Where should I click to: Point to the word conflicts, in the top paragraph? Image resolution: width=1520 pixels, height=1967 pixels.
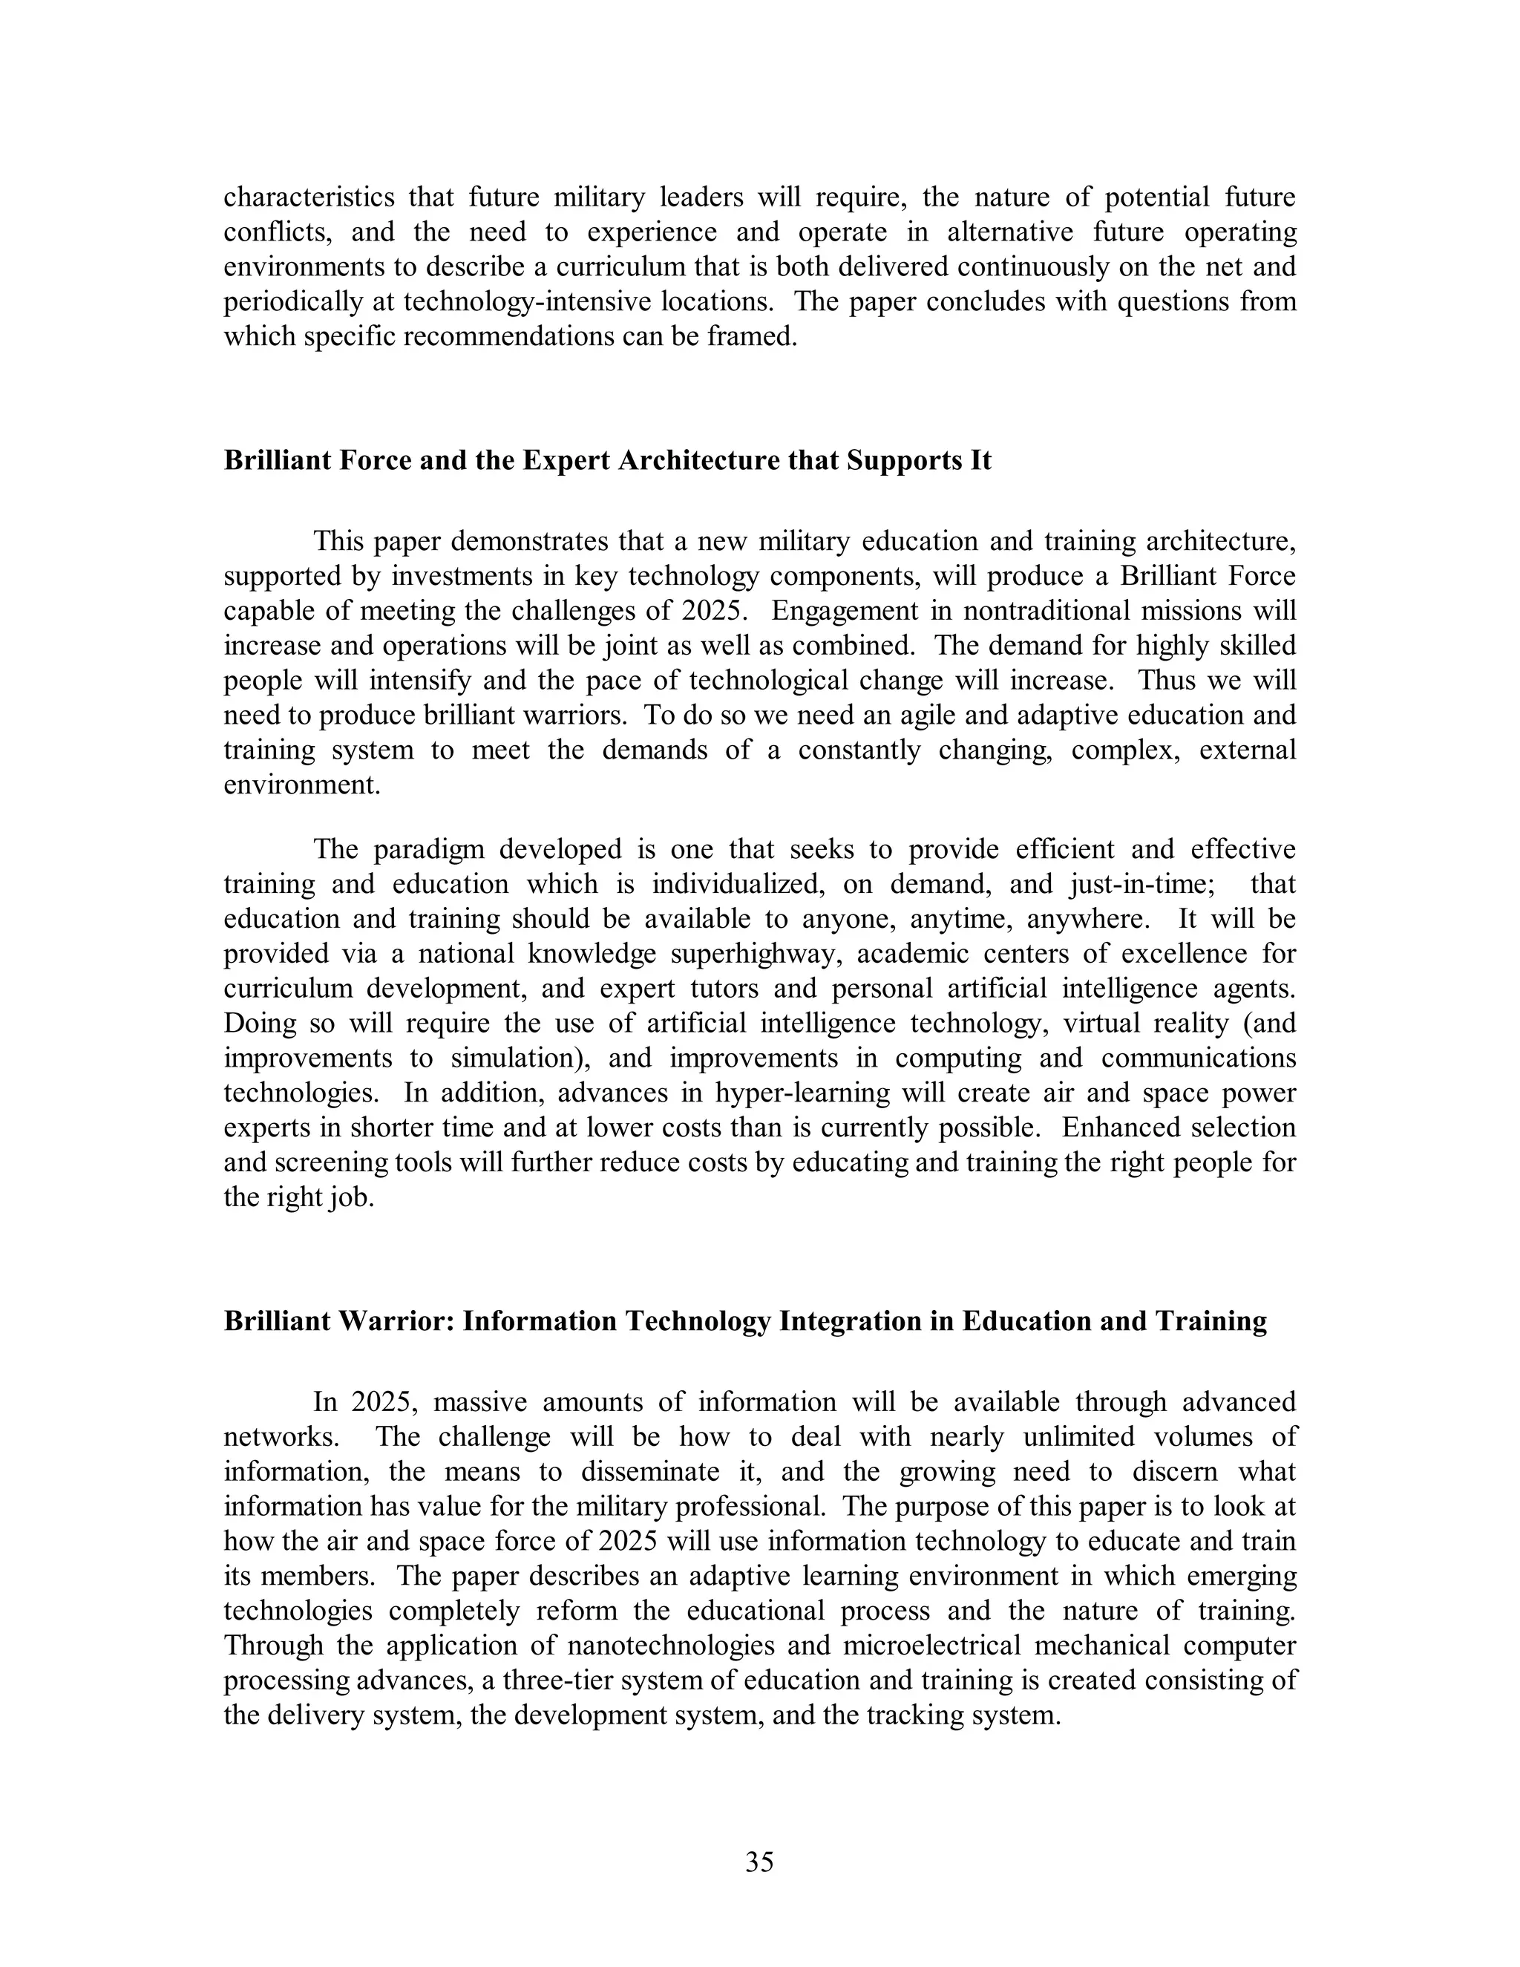[x=278, y=232]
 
